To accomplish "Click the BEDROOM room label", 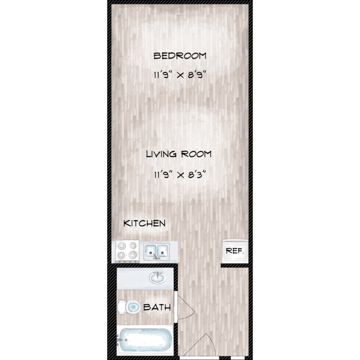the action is (180, 56).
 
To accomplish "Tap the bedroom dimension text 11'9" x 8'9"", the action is (180, 75).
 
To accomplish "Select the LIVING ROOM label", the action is (179, 154).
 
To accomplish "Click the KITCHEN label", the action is (144, 223).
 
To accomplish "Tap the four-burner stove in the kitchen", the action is (127, 252).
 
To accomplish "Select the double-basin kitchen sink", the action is (156, 252).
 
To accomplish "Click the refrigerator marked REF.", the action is (235, 251).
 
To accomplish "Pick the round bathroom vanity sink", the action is (157, 277).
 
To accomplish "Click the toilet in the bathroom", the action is (129, 307).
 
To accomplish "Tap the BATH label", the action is (157, 307).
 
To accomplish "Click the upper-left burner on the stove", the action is (121, 246).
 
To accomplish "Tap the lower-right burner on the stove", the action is (132, 254).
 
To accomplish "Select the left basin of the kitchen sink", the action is (151, 251).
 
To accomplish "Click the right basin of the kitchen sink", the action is (163, 251).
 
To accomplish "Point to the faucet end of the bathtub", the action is (120, 340).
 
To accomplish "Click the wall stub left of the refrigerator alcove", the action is (235, 265).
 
